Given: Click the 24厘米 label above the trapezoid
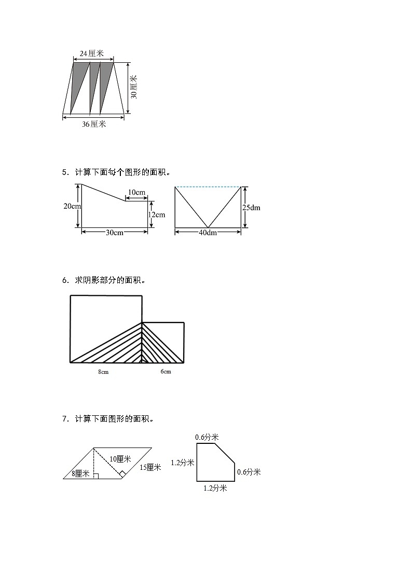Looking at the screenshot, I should point(92,53).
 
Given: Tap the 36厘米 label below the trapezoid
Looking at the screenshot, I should point(94,124).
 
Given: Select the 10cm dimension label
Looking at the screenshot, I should point(136,193).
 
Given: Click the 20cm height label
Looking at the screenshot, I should point(72,206).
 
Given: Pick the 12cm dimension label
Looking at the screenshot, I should point(157,214).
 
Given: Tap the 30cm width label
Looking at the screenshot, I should point(114,233).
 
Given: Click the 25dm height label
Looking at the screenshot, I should point(252,207).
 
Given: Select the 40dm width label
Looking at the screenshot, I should point(208,233).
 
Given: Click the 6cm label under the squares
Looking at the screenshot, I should point(166,372).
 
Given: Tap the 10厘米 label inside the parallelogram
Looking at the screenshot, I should point(120,459).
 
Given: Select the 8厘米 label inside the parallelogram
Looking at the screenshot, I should point(80,473).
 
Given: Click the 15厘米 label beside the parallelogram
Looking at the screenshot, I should point(150,467).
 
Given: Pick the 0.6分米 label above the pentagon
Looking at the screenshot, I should point(207,438).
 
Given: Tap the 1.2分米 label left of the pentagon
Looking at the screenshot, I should point(183,463).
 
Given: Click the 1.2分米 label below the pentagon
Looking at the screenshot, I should point(215,488).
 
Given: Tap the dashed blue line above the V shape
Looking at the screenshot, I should point(208,187).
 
